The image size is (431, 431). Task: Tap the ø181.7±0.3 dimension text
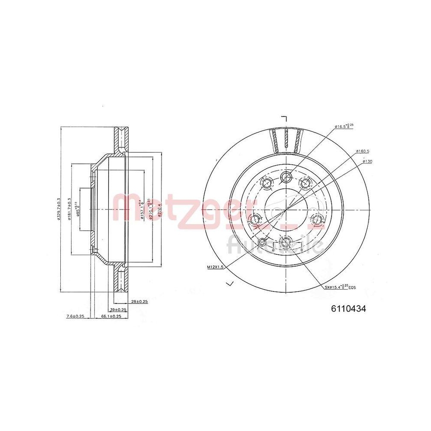(69, 209)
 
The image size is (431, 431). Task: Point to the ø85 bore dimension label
(78, 209)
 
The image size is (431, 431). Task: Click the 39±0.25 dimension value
(118, 309)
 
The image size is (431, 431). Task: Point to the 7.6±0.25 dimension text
(75, 316)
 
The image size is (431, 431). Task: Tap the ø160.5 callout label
(363, 151)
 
